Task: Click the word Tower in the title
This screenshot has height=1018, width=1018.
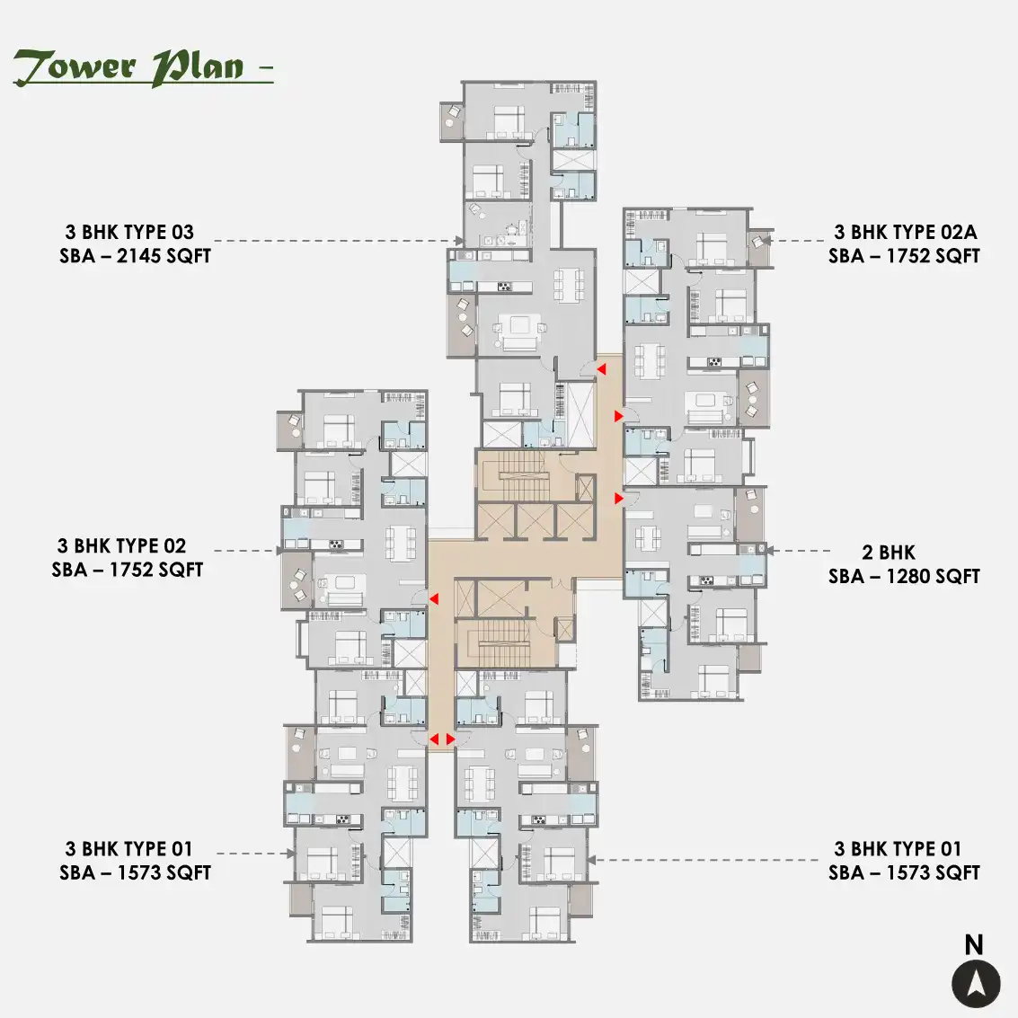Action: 75,66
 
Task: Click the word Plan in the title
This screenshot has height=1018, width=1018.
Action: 198,66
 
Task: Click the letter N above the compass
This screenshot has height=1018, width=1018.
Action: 974,944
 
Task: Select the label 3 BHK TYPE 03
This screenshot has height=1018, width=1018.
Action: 129,232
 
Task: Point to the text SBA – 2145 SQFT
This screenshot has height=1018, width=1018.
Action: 135,256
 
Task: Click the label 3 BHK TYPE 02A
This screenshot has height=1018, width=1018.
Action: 905,232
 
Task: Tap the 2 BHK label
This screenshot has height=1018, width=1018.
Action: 888,553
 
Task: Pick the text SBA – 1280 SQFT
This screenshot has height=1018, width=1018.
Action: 904,577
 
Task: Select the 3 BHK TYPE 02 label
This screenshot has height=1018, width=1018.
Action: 121,545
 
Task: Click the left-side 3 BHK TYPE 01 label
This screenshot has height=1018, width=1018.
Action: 128,848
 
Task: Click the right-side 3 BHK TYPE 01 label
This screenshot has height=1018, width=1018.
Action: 898,848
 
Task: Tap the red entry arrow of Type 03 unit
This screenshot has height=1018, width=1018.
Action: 602,369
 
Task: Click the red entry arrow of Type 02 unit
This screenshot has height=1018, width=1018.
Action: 434,598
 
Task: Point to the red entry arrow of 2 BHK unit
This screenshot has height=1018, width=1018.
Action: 619,498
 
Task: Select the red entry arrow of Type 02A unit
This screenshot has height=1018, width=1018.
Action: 619,415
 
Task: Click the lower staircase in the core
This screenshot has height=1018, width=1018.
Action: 504,642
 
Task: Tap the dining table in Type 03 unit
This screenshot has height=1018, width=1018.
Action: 568,284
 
